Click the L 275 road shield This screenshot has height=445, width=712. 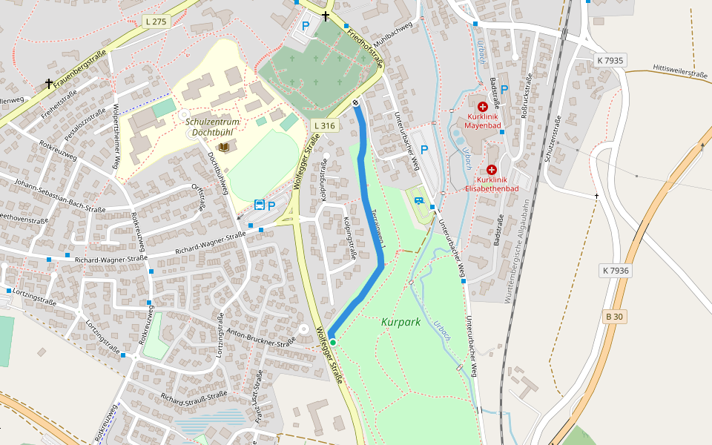[156, 22]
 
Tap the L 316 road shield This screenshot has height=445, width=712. [325, 125]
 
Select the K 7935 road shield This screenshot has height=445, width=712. [610, 60]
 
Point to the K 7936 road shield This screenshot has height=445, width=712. [616, 271]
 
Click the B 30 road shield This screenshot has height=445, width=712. [614, 317]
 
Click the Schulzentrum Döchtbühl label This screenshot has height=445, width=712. [212, 127]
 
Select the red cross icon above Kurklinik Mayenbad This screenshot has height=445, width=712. [483, 107]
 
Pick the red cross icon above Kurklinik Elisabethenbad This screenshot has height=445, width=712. [491, 170]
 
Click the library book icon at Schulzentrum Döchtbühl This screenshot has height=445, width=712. [224, 148]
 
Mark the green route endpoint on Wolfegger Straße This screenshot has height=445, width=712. [333, 342]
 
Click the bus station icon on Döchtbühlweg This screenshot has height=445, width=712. [260, 205]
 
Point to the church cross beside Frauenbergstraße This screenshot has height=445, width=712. [49, 84]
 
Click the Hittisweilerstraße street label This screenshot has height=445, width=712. [680, 74]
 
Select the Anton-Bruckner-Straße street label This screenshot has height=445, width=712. [261, 337]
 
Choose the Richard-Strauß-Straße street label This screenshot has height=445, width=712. [194, 399]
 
